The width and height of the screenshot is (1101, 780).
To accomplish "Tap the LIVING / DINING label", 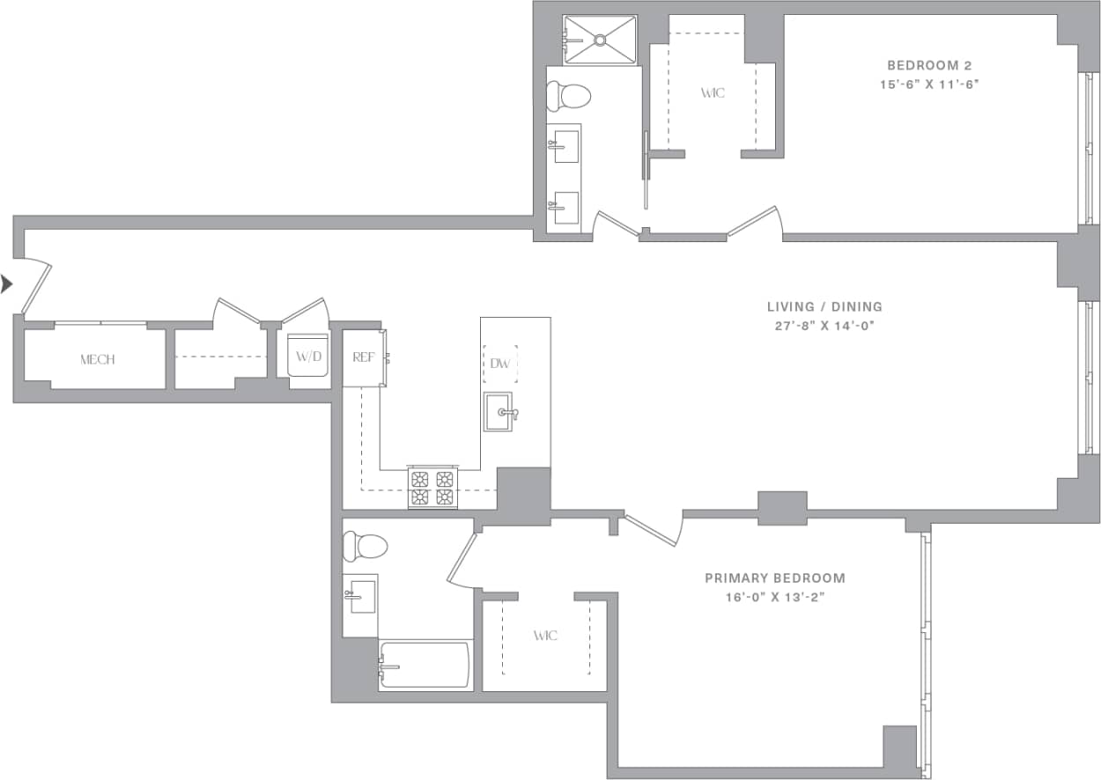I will (824, 307).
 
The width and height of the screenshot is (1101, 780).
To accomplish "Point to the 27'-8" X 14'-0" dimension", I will (824, 326).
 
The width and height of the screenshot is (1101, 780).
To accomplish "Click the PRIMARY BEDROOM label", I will (775, 578).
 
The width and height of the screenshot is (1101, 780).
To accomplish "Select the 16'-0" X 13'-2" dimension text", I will (775, 597).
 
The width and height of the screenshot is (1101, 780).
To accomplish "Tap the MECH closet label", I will (97, 359).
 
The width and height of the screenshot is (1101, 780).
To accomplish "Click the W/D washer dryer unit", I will (308, 357).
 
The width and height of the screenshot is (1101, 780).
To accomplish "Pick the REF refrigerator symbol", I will (363, 357).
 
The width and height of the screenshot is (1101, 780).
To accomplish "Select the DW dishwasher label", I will (499, 363).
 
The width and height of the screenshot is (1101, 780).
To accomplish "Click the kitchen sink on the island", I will (499, 412).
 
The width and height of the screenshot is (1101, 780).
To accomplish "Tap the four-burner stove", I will (432, 488).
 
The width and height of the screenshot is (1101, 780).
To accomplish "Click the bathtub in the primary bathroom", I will (425, 666).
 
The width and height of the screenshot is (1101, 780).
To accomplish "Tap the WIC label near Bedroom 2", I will (713, 92).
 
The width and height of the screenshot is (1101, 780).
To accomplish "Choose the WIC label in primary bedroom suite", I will (545, 636).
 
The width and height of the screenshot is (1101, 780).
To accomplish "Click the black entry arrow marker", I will (7, 283).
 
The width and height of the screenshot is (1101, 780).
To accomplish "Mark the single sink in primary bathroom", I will (360, 599).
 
